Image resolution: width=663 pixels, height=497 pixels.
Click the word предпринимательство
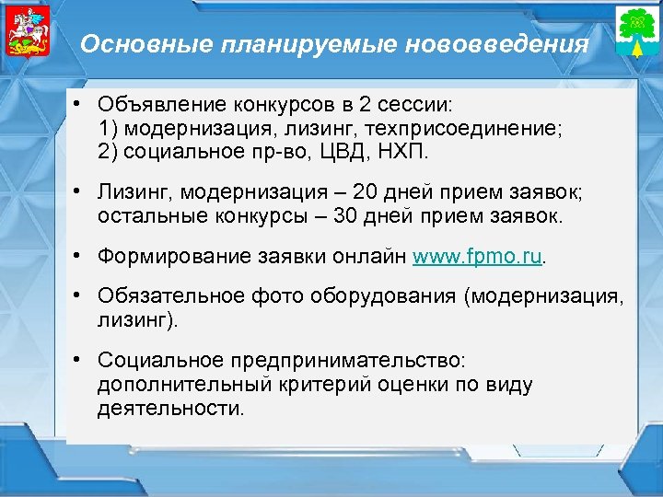(x=352, y=362)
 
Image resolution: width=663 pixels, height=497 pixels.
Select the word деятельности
(x=169, y=406)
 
